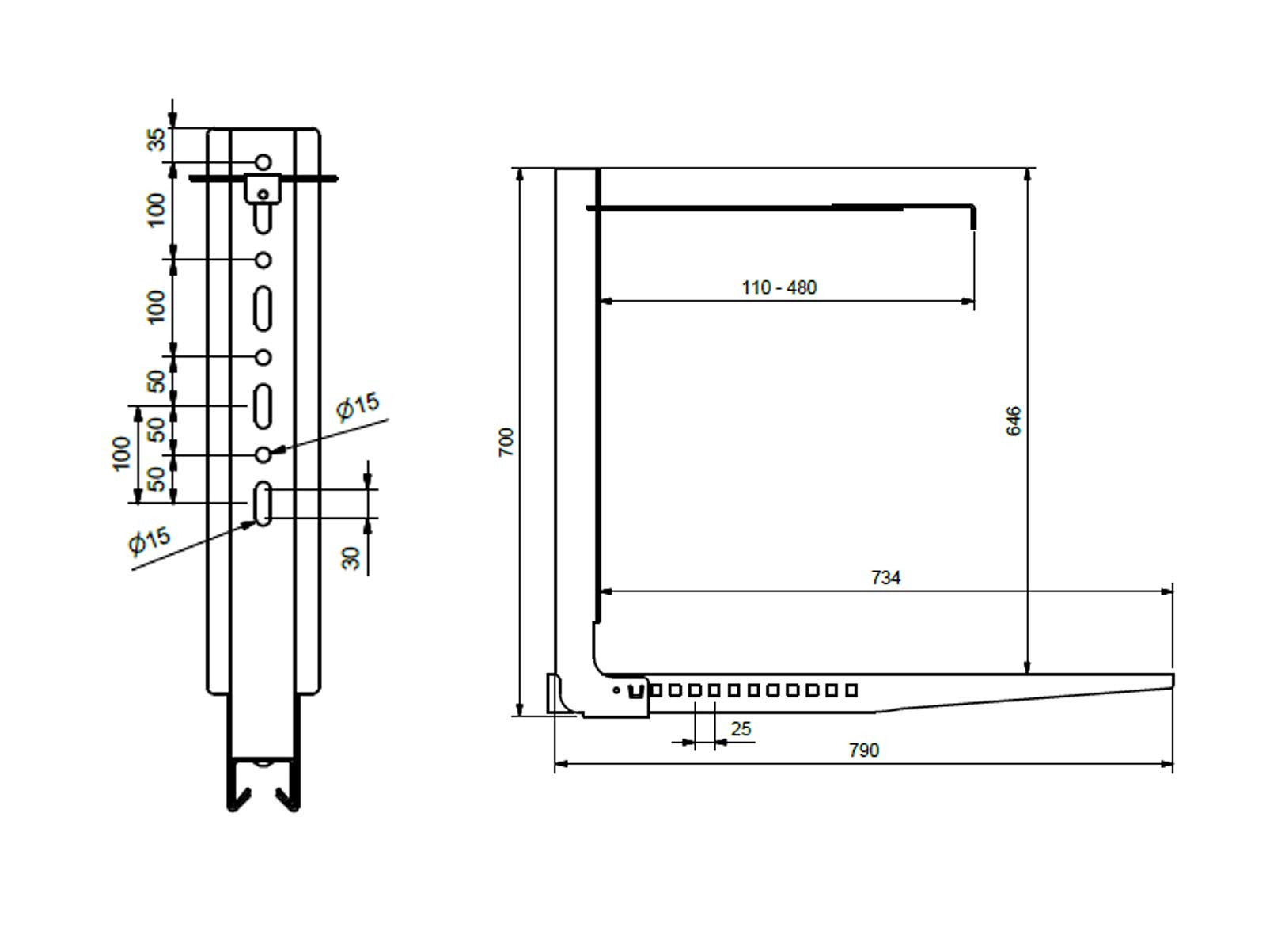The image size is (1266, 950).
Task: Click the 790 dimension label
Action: click(863, 750)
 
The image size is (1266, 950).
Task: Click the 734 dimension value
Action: click(885, 577)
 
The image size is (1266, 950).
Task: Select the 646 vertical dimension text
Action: click(1014, 420)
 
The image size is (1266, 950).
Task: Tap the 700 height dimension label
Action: click(506, 442)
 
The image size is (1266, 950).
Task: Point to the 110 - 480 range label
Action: click(779, 287)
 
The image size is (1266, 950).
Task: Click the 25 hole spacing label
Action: click(741, 728)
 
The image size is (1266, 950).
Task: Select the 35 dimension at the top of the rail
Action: click(157, 140)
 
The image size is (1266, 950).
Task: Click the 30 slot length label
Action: click(351, 557)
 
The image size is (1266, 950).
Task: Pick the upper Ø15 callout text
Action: click(358, 406)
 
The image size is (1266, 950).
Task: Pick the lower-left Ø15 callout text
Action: click(149, 540)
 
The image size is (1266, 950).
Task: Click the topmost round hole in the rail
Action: click(263, 162)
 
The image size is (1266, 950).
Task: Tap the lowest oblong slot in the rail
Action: click(263, 503)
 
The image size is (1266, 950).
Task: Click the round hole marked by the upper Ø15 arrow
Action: click(263, 454)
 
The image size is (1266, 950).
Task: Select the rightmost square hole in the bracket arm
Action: click(851, 690)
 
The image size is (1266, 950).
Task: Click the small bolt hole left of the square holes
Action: click(616, 690)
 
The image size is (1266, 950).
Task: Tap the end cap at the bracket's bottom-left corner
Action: click(555, 693)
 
